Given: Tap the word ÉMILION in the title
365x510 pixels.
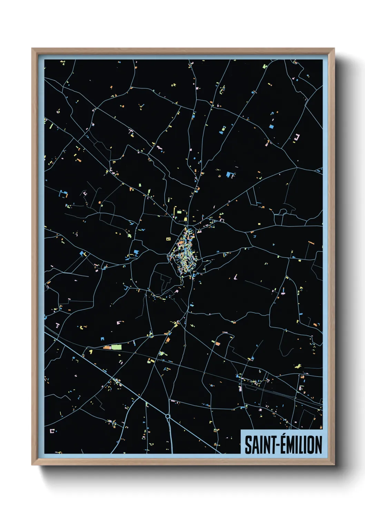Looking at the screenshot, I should pos(300,445).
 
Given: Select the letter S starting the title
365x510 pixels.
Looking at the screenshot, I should pos(248,445).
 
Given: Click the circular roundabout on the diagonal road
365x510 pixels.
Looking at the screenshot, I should pos(168,417).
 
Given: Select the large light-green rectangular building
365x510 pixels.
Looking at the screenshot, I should pos(116,347).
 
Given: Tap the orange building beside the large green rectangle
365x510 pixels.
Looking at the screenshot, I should pos(106,347).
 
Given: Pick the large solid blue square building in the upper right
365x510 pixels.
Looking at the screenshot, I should pos(271,126).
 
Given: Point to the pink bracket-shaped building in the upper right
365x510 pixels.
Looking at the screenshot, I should pos(297,138).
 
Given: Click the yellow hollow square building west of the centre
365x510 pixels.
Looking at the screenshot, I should pos(168,238).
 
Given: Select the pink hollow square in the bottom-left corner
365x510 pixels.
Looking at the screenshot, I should pos(52,431).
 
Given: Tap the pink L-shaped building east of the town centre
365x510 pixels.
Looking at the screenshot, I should pos(236,277).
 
